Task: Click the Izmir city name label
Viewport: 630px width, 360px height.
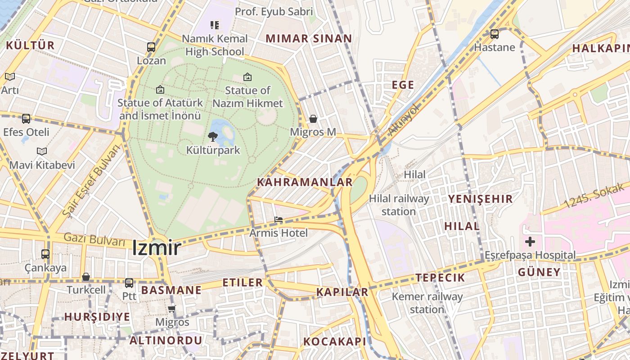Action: [156, 248]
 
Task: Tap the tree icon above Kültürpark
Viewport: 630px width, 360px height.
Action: [213, 136]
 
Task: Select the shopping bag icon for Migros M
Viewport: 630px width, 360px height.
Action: [313, 119]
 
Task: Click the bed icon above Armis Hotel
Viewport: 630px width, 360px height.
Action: [279, 220]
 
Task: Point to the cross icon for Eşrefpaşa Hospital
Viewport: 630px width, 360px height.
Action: [530, 242]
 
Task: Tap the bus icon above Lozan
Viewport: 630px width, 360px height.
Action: [151, 47]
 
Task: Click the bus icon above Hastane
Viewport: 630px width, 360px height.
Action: [494, 34]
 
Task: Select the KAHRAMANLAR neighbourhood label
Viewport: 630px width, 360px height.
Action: [305, 182]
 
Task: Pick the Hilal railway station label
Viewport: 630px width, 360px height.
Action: [399, 205]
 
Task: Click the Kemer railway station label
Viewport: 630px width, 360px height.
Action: [427, 303]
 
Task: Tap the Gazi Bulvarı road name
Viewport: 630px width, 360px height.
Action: [94, 239]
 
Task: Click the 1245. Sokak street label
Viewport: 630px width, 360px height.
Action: [594, 196]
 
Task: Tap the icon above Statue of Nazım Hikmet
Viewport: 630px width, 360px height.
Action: [247, 77]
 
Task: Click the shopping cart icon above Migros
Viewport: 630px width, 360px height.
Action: [171, 309]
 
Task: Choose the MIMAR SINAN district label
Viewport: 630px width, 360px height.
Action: [308, 39]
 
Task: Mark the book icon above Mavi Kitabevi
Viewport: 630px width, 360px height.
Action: [42, 152]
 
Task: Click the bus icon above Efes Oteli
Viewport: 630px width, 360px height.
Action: [26, 119]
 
